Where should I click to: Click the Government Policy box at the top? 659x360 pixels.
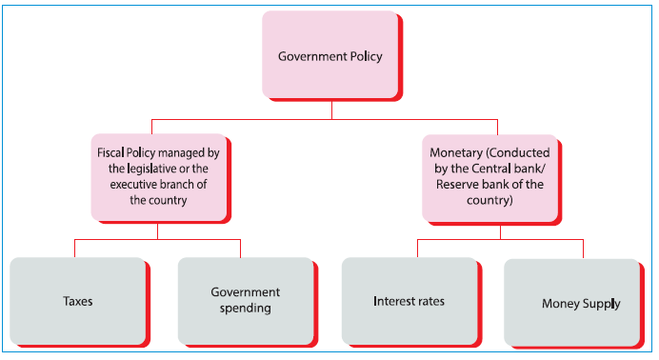(x=329, y=55)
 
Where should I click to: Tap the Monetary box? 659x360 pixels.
(x=489, y=176)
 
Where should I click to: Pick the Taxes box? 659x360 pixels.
(x=77, y=301)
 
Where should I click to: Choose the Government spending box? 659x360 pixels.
(x=245, y=300)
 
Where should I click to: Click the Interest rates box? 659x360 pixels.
(x=409, y=301)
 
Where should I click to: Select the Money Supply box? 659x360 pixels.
(x=572, y=303)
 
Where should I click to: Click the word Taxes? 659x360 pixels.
(x=77, y=301)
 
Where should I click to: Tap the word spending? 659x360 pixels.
(x=245, y=309)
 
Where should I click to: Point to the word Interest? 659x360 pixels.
(x=393, y=301)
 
